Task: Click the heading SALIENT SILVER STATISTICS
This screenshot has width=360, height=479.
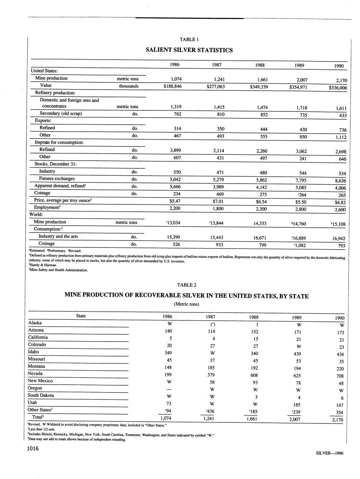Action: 189,50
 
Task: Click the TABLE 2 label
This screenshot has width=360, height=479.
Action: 187,285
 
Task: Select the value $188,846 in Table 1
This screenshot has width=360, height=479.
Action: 172,86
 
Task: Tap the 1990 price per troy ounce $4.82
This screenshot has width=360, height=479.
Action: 338,202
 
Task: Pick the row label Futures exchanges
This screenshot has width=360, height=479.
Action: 57,179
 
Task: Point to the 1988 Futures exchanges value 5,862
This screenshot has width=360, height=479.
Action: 260,180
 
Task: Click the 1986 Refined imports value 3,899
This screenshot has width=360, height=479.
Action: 172,150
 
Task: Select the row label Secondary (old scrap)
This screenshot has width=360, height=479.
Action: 61,114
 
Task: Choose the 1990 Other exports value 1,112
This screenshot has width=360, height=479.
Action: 338,137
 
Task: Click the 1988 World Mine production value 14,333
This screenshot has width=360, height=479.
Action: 260,224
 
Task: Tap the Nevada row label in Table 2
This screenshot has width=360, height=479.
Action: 35,373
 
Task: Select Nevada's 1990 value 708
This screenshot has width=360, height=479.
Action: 340,376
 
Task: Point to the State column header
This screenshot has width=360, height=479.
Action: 81,316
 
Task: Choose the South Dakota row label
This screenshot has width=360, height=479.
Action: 41,395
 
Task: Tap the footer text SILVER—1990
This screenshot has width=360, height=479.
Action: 329,453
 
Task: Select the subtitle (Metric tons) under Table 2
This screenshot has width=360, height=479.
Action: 187,304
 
